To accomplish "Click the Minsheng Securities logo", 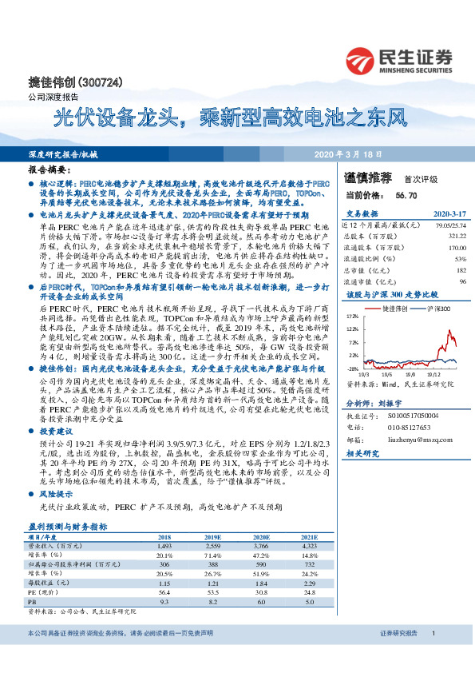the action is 398,59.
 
